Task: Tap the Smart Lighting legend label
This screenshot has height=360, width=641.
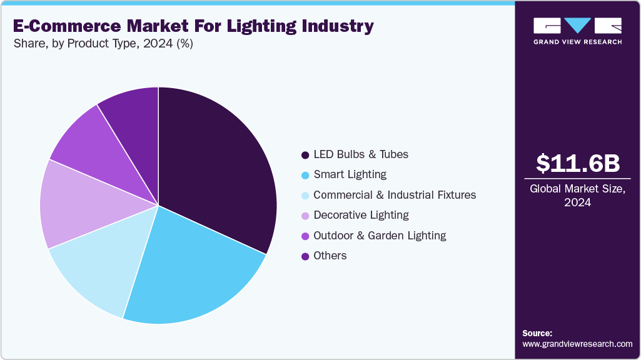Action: coord(350,174)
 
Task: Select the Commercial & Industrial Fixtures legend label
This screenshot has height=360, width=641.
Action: coord(394,195)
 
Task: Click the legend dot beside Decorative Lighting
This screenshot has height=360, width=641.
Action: coord(305,216)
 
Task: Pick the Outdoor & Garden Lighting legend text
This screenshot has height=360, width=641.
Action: coord(380,236)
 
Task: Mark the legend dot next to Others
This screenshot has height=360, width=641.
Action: coord(305,256)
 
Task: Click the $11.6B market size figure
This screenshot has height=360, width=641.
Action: coord(577,164)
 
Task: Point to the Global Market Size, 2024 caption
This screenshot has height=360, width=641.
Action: coord(577,195)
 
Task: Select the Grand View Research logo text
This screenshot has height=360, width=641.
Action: coord(577,42)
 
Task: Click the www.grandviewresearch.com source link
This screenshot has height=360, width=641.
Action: coord(577,344)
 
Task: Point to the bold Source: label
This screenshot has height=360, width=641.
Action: coord(537,333)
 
